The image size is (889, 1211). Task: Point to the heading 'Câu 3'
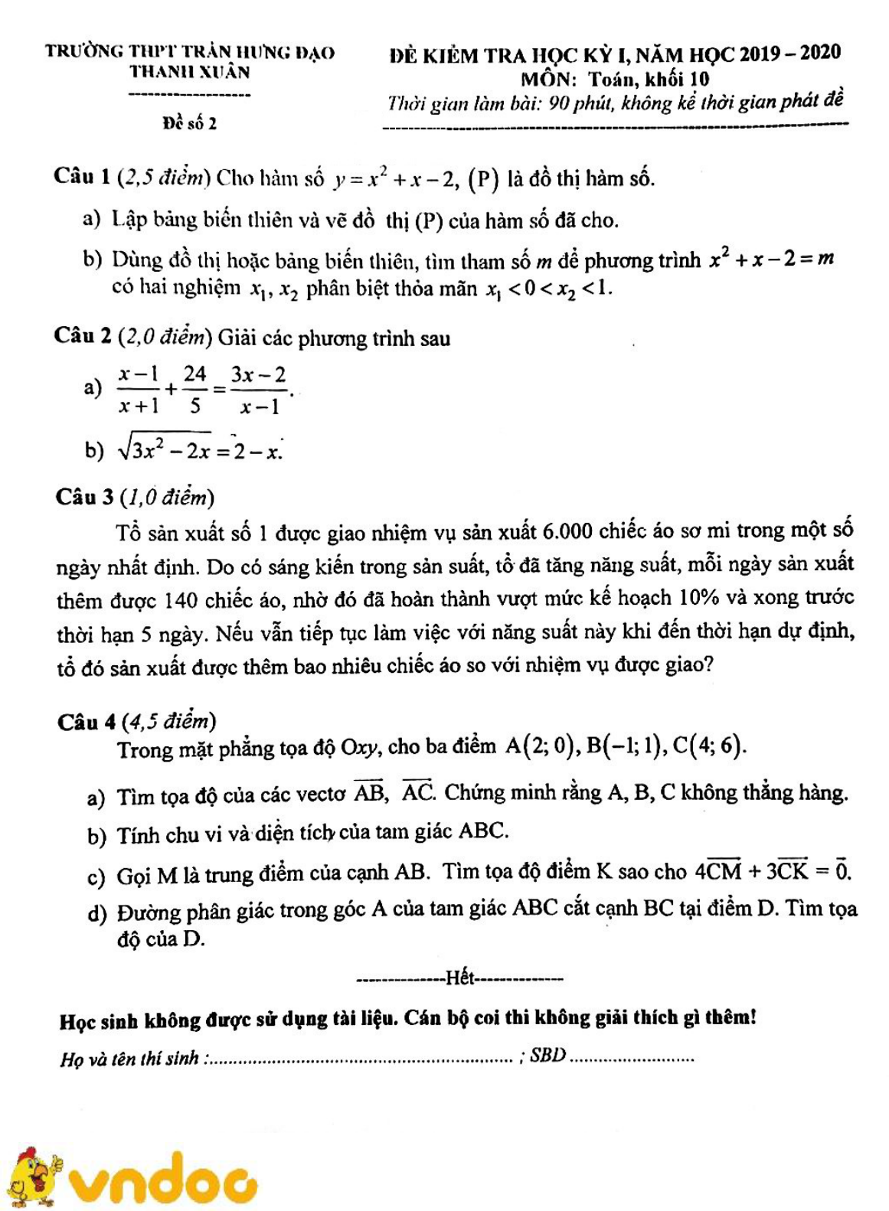tap(85, 498)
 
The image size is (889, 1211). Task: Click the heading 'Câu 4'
tap(87, 722)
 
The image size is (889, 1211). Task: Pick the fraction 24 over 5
tap(194, 390)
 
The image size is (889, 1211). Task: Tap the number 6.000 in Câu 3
tap(567, 530)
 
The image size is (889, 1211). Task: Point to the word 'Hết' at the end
tap(460, 978)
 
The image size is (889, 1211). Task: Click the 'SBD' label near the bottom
tap(547, 1056)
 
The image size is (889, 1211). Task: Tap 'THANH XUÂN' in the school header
tap(189, 73)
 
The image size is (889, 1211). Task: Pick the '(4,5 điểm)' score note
tap(168, 721)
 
